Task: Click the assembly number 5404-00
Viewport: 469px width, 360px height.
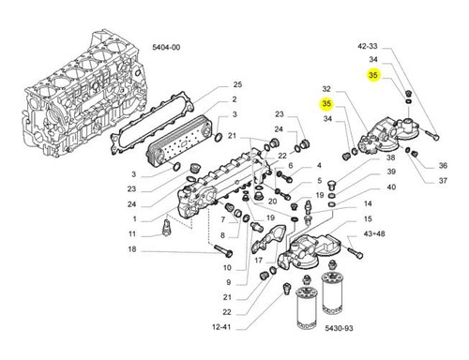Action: (166, 48)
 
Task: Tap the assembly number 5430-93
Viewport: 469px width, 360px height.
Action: (339, 328)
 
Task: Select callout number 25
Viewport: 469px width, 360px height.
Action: (237, 84)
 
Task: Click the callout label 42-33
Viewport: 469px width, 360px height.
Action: (368, 46)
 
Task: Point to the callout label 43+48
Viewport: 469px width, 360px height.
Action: (374, 233)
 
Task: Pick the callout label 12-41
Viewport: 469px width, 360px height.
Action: (221, 327)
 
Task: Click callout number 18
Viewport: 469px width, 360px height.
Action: (132, 249)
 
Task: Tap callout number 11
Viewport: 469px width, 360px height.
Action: (132, 233)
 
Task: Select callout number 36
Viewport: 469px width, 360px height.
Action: (443, 166)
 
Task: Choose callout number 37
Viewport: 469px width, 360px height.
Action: (443, 181)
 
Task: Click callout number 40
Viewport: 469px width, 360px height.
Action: (391, 187)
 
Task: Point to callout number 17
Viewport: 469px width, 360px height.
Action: (258, 260)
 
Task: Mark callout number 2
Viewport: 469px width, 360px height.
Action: (234, 99)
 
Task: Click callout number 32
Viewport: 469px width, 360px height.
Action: (326, 89)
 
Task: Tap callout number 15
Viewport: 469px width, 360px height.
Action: (368, 218)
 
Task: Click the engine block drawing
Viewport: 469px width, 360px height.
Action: (83, 94)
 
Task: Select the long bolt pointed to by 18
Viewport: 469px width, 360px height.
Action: (223, 250)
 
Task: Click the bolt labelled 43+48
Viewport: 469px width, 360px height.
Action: (355, 252)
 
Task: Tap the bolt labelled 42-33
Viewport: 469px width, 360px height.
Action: (432, 135)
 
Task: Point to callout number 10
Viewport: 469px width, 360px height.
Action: (227, 267)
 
